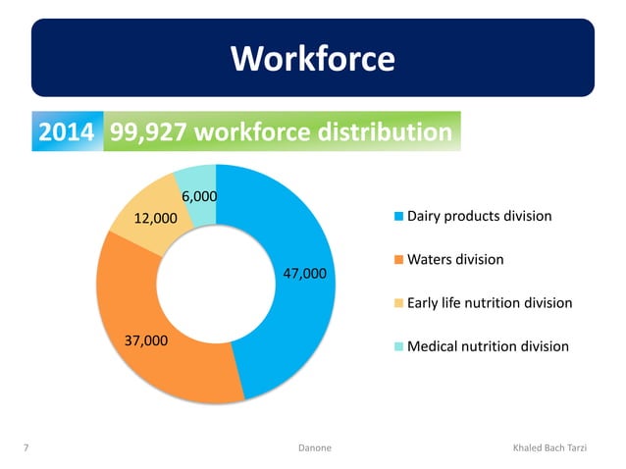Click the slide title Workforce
tap(313, 60)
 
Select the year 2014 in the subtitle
tap(66, 132)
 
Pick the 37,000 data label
tap(146, 340)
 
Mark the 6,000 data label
tap(197, 195)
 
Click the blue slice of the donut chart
tap(294, 324)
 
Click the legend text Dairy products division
tap(479, 216)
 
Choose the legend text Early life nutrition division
tap(489, 303)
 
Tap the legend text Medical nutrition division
tap(487, 346)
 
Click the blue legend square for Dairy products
tap(397, 216)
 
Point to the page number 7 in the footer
tap(25, 447)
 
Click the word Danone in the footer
tap(314, 447)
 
